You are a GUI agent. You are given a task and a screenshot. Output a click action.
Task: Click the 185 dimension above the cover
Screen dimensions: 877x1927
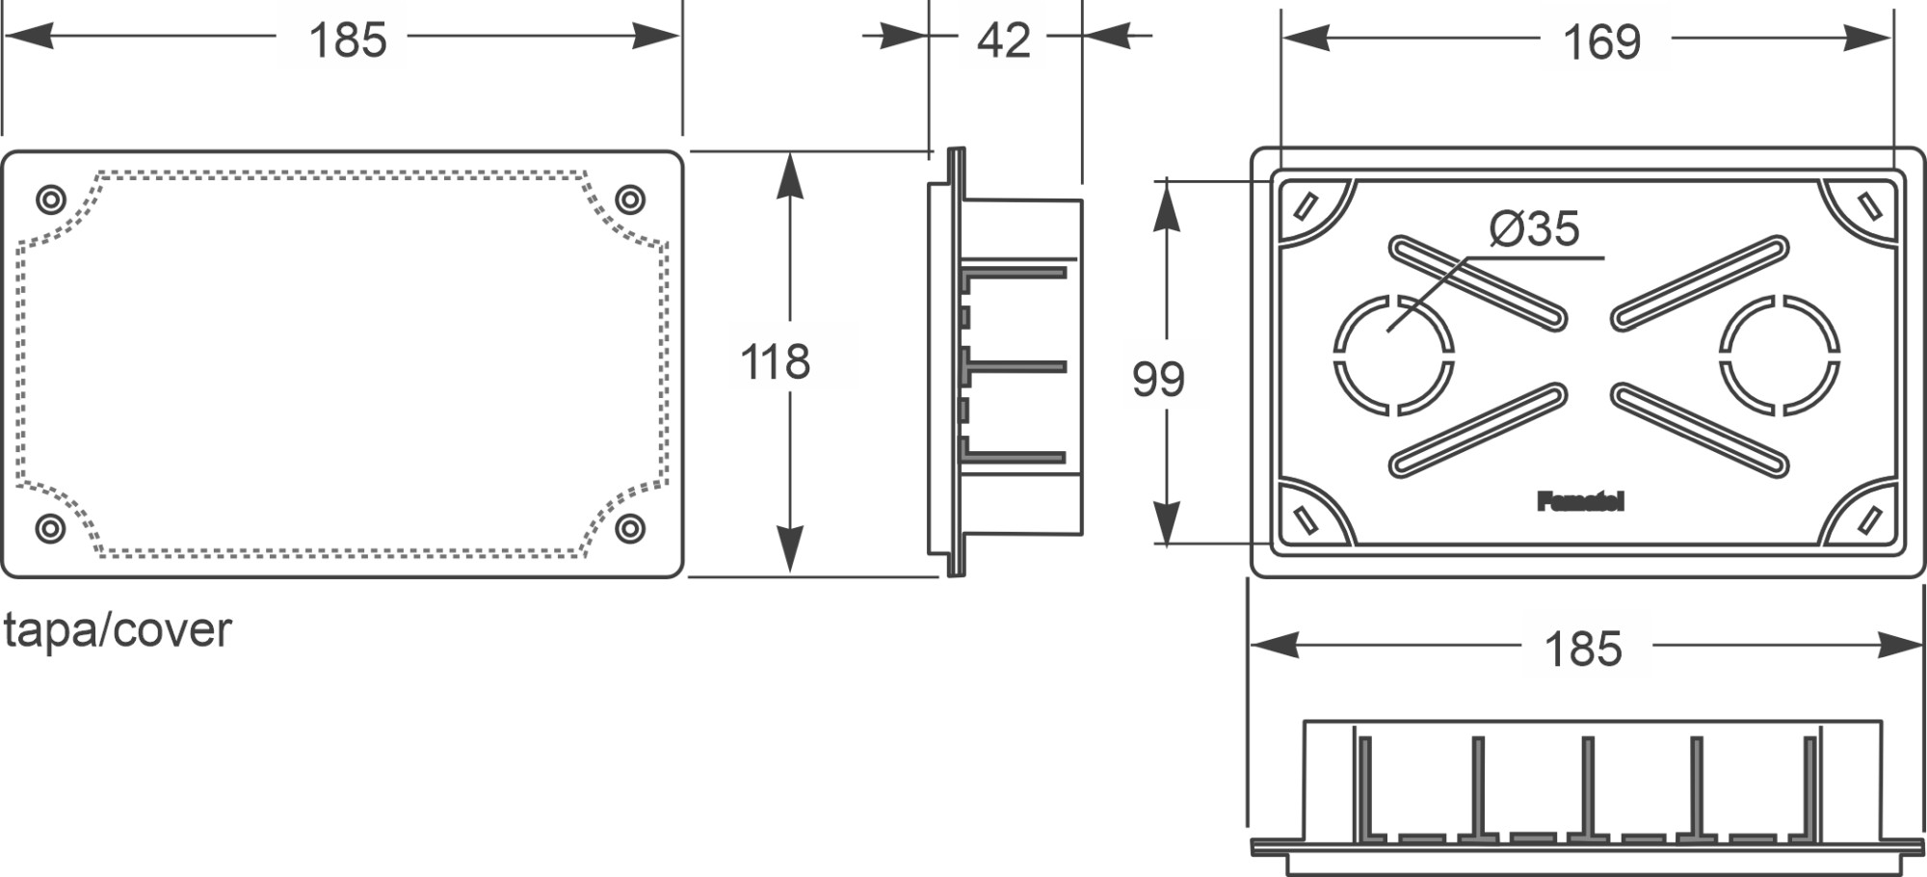tap(347, 40)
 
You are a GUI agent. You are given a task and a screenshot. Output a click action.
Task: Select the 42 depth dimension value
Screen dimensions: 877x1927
tap(1003, 40)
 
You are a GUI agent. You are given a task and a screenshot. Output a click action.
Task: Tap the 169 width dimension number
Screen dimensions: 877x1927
tap(1601, 42)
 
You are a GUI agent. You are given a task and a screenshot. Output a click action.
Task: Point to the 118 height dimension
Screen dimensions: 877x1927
tap(775, 362)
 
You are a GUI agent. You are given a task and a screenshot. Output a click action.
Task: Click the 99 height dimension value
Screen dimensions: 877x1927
tap(1157, 379)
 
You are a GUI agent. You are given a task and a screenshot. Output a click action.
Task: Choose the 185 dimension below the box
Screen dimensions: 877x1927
tap(1583, 649)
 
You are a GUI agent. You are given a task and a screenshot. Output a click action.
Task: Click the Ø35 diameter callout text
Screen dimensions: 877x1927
tap(1534, 229)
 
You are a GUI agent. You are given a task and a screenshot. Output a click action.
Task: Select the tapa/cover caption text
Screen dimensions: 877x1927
tap(118, 630)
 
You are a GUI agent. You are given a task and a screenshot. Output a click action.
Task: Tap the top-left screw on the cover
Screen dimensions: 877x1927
tap(51, 200)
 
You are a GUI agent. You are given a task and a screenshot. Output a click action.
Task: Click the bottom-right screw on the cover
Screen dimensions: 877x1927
tap(630, 528)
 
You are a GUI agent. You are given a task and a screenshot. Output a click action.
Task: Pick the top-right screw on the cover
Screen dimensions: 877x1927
tap(630, 199)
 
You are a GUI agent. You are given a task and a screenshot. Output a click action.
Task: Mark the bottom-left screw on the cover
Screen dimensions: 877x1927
tap(51, 528)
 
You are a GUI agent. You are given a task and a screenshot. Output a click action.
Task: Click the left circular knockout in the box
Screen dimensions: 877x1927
tap(1393, 355)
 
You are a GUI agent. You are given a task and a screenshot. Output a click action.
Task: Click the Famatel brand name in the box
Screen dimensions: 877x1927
tap(1580, 501)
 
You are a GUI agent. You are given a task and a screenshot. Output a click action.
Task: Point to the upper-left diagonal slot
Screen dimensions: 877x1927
tap(1477, 283)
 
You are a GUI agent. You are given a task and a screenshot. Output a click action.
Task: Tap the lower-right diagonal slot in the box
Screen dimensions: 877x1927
tap(1700, 429)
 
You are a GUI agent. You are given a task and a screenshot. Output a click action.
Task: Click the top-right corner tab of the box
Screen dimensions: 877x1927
tap(1869, 206)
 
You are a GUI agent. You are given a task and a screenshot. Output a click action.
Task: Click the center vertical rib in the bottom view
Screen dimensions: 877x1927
tap(1587, 785)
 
